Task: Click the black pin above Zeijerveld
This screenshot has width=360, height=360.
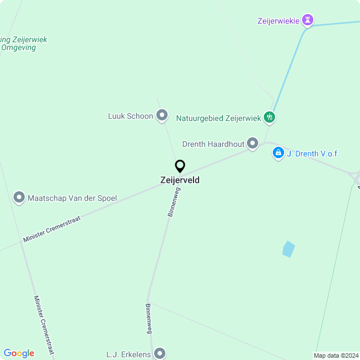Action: click(180, 166)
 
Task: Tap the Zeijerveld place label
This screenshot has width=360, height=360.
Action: click(180, 181)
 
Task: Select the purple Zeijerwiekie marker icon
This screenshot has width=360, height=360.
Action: click(308, 21)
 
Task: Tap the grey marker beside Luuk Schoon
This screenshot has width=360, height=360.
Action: click(162, 116)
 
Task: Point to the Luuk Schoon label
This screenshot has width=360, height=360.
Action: click(130, 116)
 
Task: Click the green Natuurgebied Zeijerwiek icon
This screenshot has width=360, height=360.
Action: click(270, 118)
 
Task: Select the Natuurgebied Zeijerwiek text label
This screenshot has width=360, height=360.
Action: click(218, 118)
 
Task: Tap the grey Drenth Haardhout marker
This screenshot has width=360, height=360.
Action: click(253, 144)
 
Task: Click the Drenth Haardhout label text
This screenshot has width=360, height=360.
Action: click(213, 144)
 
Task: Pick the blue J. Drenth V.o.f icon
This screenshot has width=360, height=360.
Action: click(278, 152)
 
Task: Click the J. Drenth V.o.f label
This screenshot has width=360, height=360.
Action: click(312, 154)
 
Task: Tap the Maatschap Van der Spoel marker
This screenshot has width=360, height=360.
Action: click(19, 197)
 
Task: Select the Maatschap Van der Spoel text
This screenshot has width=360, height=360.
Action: click(72, 198)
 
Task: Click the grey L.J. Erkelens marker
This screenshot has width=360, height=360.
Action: click(160, 353)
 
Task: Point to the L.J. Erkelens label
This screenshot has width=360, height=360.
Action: click(128, 355)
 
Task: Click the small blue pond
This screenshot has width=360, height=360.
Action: click(288, 249)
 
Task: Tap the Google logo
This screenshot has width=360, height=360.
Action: click(19, 353)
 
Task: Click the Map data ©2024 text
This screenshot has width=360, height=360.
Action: click(335, 355)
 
